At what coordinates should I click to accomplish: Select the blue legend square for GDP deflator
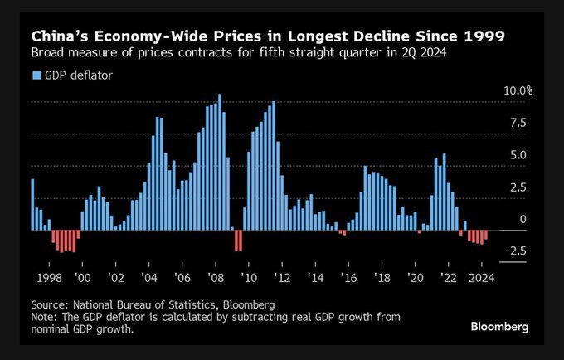point(36,75)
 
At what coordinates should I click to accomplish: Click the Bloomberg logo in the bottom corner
point(499,327)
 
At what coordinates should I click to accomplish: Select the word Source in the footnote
point(48,304)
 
